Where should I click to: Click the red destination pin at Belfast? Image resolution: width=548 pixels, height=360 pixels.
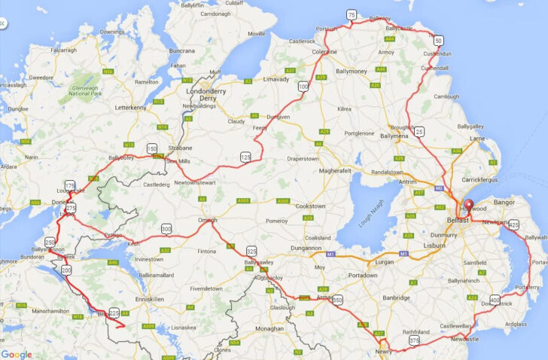pos(467,205)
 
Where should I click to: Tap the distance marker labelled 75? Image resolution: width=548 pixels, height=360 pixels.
pos(352,15)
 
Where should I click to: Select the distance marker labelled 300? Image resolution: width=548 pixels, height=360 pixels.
pos(166,228)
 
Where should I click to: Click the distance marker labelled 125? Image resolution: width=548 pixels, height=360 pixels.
pos(245,157)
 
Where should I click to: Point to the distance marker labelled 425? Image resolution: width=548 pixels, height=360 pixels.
pos(514,224)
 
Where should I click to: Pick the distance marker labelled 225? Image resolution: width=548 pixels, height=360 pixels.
pos(114,313)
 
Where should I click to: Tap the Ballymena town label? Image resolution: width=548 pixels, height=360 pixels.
pos(394,136)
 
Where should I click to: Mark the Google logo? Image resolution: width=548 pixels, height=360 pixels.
pos(17,354)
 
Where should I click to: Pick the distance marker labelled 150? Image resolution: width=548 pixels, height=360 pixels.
pos(152,148)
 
